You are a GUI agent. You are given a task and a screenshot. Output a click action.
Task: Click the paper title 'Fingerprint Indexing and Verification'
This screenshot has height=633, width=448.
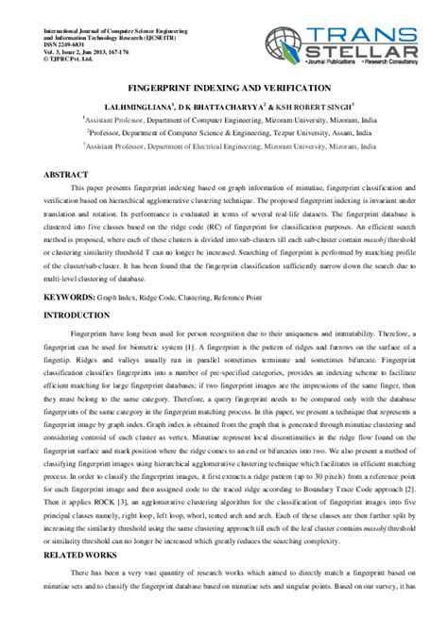point(224,83)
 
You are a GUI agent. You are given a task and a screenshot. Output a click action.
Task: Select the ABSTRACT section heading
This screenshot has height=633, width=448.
point(65,176)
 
